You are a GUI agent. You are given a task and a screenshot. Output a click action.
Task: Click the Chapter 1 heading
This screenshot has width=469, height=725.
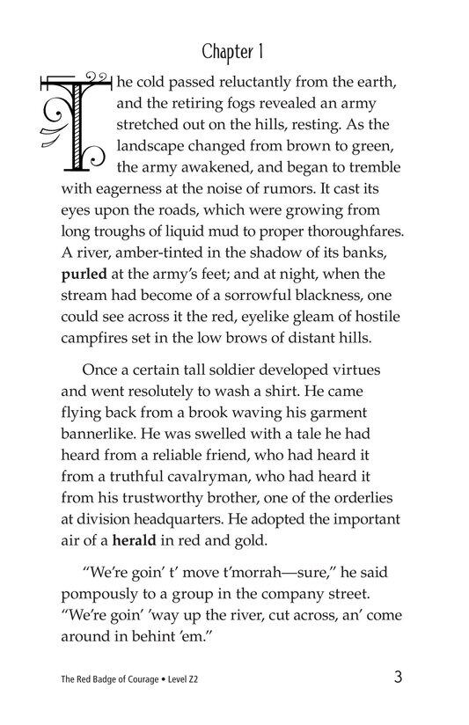click(234, 51)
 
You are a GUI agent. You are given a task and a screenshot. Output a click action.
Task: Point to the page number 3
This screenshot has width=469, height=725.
click(400, 677)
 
